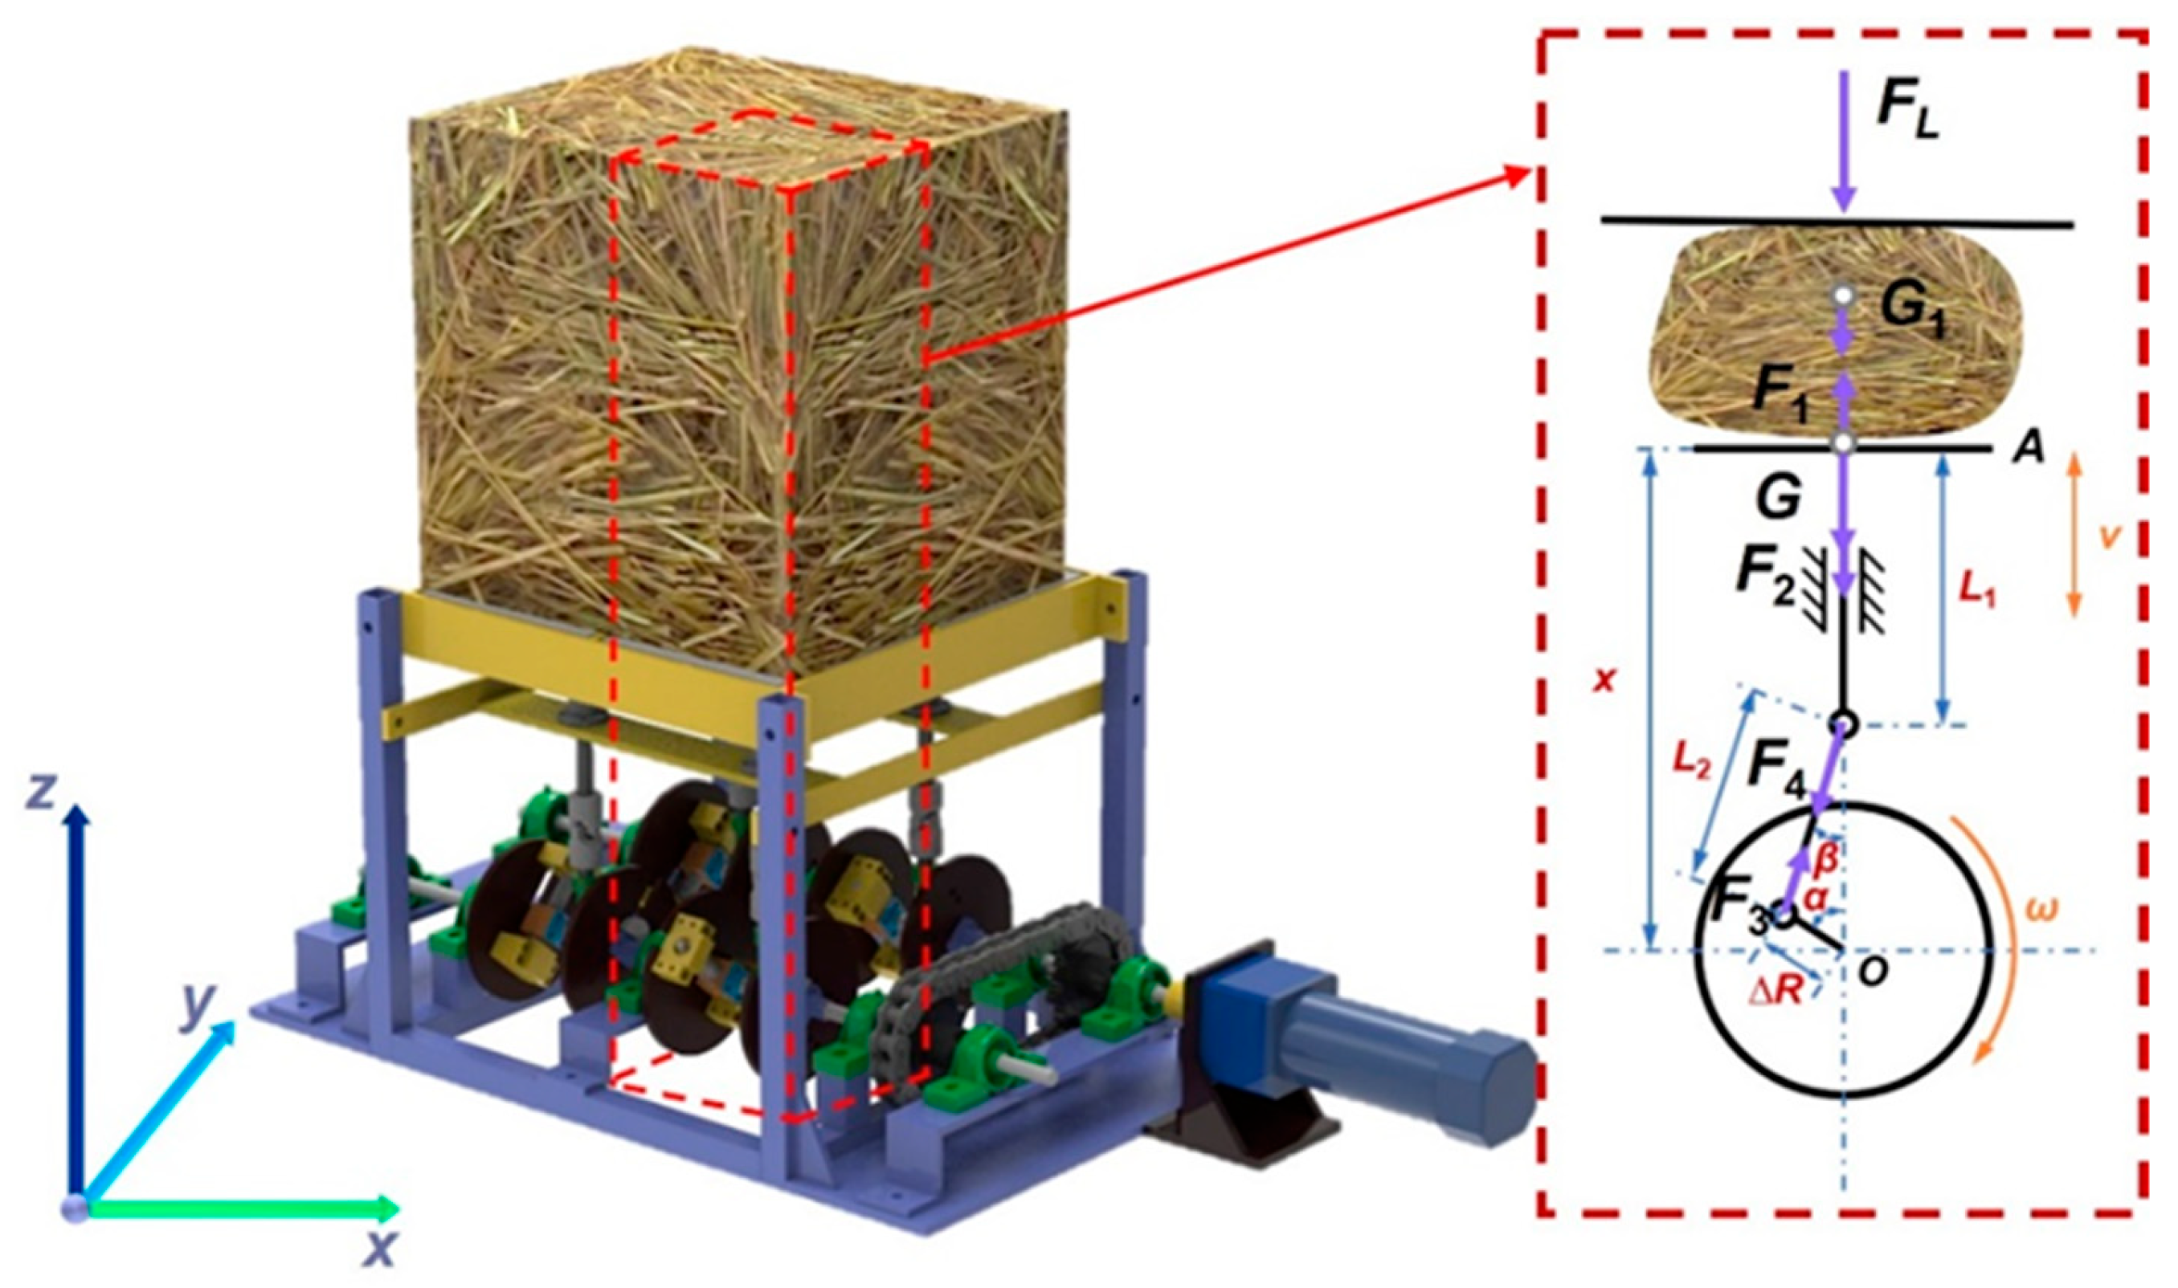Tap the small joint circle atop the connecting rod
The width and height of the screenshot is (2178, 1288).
pos(1844,723)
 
